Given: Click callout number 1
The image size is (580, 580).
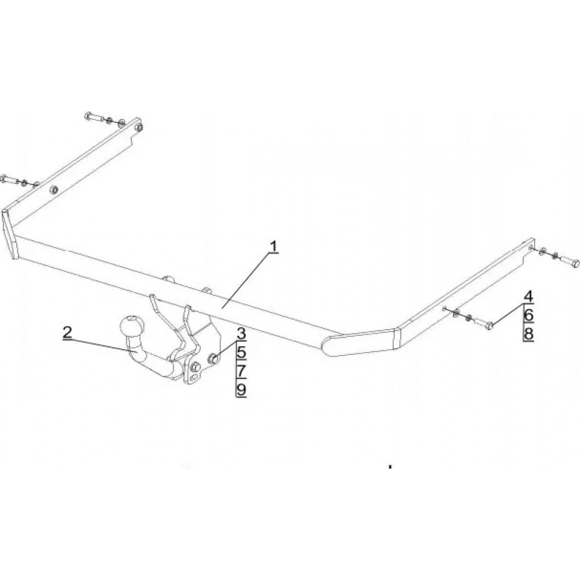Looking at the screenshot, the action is point(274,246).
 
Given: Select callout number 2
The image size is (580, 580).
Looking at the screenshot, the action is point(67,332).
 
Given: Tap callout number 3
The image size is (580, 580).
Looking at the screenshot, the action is point(241,333).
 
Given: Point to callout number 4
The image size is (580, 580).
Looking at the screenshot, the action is point(528,296).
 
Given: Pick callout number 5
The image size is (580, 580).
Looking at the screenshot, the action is point(241,352).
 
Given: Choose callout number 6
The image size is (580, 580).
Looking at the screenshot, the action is point(528,315).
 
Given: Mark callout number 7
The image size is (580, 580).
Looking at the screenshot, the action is point(241,371).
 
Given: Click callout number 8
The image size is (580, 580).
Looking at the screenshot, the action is point(528,333).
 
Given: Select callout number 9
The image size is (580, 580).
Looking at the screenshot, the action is point(241,390).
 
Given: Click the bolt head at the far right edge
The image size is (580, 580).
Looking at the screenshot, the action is point(574,264).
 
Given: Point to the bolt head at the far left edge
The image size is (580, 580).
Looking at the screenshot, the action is point(3,178).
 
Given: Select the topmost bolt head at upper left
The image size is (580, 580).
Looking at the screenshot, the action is point(88,116).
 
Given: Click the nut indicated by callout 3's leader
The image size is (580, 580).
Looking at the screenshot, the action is point(213,358).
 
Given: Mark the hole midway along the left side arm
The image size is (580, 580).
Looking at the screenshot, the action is point(54,190).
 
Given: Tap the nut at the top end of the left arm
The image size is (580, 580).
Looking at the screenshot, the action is point(139,127).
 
